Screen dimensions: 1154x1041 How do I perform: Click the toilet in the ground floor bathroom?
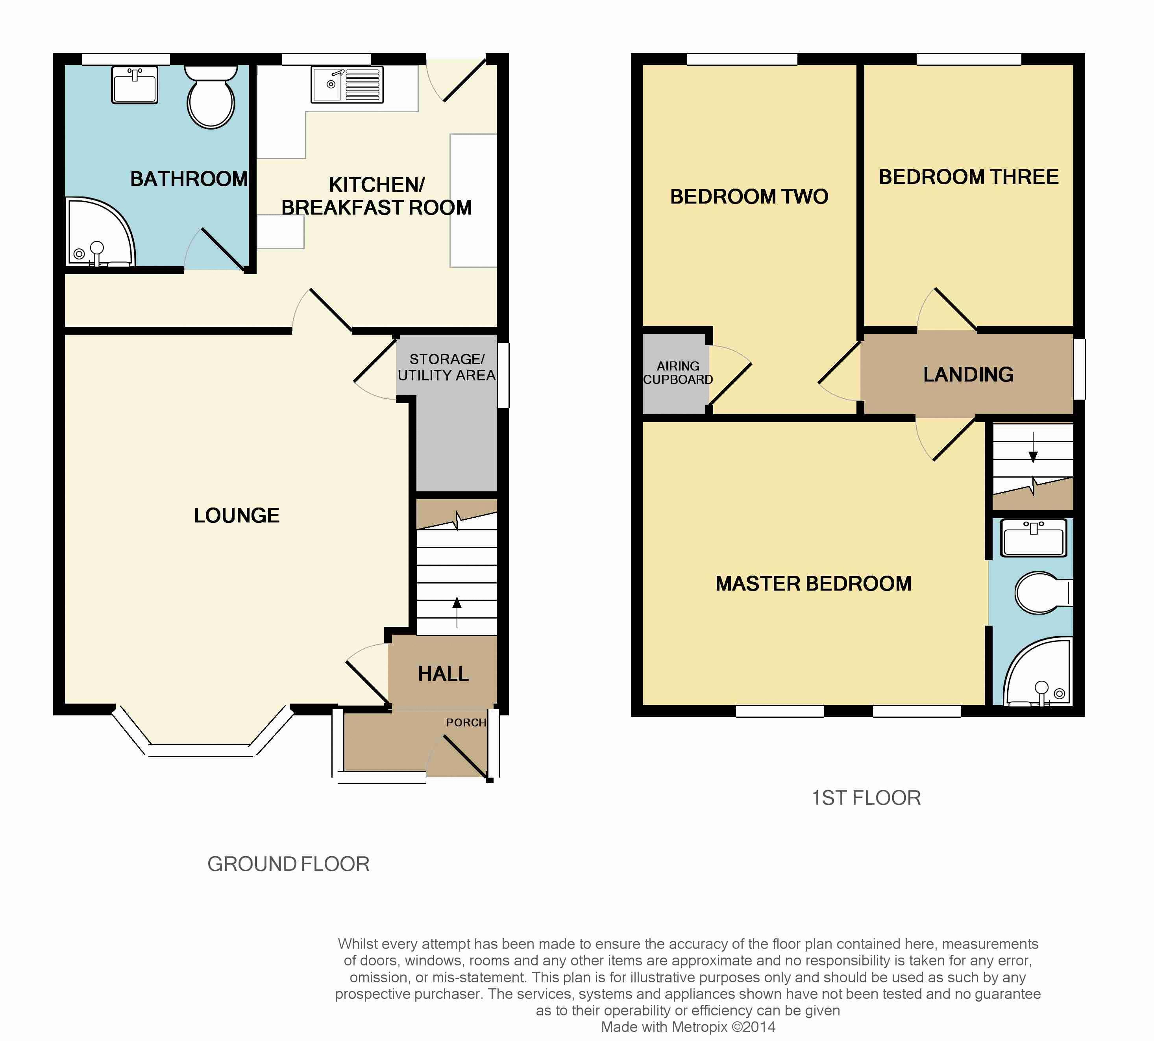(x=211, y=96)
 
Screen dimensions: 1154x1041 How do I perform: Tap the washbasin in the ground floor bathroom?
(x=134, y=85)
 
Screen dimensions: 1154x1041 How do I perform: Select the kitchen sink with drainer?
(x=347, y=85)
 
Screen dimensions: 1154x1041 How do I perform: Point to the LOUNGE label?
(x=237, y=515)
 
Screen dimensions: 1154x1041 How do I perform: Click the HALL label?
(x=443, y=674)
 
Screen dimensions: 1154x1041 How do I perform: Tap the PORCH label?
(x=466, y=722)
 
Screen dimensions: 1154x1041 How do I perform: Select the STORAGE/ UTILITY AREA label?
(x=447, y=367)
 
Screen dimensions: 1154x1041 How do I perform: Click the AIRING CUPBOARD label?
(x=678, y=372)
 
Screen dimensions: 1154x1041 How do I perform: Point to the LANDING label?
(x=968, y=375)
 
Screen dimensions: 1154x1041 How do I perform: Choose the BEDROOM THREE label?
(x=969, y=177)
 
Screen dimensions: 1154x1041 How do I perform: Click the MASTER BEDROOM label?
(x=813, y=583)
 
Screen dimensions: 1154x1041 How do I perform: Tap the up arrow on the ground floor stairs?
(x=456, y=611)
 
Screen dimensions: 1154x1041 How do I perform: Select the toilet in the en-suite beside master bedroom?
(x=1044, y=593)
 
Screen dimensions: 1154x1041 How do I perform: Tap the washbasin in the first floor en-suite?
(x=1033, y=538)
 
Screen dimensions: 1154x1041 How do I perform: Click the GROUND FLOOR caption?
(x=288, y=864)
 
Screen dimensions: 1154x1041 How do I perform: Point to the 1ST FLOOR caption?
(x=866, y=798)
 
